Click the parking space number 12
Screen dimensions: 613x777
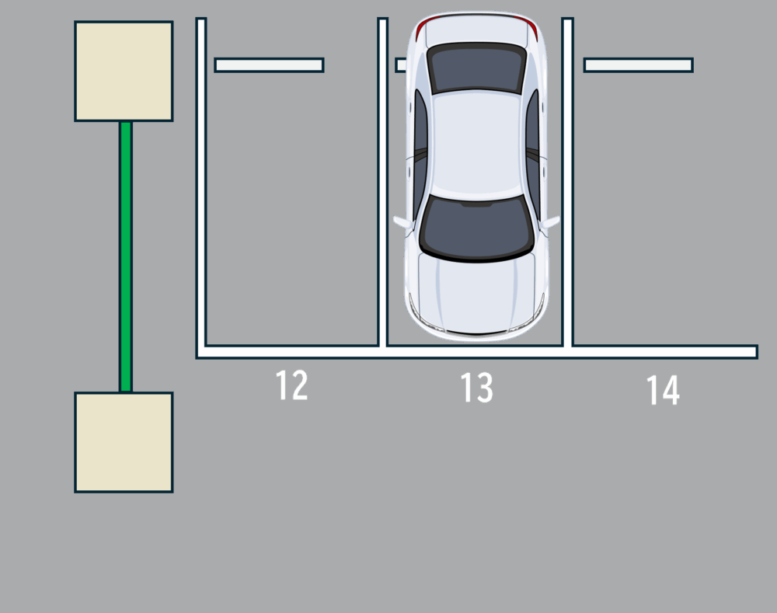pyautogui.click(x=292, y=385)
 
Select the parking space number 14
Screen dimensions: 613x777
pyautogui.click(x=663, y=391)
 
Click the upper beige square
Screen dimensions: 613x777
pyautogui.click(x=124, y=71)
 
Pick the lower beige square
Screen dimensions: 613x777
pyautogui.click(x=124, y=442)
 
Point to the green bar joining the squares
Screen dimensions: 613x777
pyautogui.click(x=125, y=256)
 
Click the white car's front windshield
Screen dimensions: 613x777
pyautogui.click(x=476, y=228)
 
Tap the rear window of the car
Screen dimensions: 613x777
pyautogui.click(x=476, y=68)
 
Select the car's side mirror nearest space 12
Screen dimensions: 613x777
pyautogui.click(x=402, y=223)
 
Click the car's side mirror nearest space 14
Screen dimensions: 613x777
pyautogui.click(x=551, y=222)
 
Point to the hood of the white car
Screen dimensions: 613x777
pyautogui.click(x=476, y=291)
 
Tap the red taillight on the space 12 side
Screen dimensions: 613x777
pyautogui.click(x=420, y=30)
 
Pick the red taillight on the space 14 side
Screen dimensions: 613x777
pyautogui.click(x=533, y=30)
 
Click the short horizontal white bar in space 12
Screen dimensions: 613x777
pyautogui.click(x=269, y=65)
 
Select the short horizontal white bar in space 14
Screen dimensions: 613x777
pyautogui.click(x=638, y=65)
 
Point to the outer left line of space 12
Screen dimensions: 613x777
pyautogui.click(x=201, y=186)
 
